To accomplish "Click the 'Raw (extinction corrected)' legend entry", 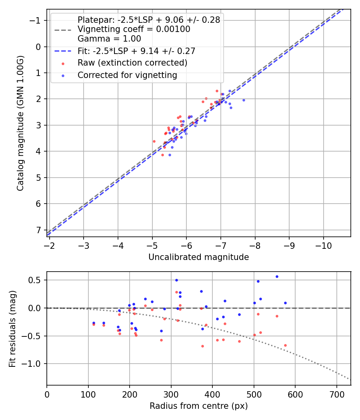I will click(x=132, y=63).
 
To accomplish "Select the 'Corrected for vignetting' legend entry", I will click(x=127, y=75).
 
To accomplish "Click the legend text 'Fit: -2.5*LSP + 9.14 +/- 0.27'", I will click(x=136, y=51).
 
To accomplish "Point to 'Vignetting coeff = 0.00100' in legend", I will click(x=134, y=29).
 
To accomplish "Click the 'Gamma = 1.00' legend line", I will click(x=109, y=39).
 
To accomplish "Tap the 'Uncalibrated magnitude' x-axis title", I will click(x=198, y=257).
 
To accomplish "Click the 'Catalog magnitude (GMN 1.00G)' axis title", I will click(x=20, y=123).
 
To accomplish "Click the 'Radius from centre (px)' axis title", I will click(x=198, y=406).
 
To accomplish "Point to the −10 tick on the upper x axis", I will click(x=323, y=245).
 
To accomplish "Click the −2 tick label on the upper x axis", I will click(x=49, y=245).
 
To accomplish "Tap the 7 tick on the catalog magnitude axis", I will click(x=38, y=230).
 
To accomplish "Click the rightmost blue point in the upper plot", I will click(x=244, y=100).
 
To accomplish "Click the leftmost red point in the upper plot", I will click(x=154, y=141).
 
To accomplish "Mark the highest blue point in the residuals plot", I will click(x=277, y=276).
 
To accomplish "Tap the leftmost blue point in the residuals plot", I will click(x=94, y=323).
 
